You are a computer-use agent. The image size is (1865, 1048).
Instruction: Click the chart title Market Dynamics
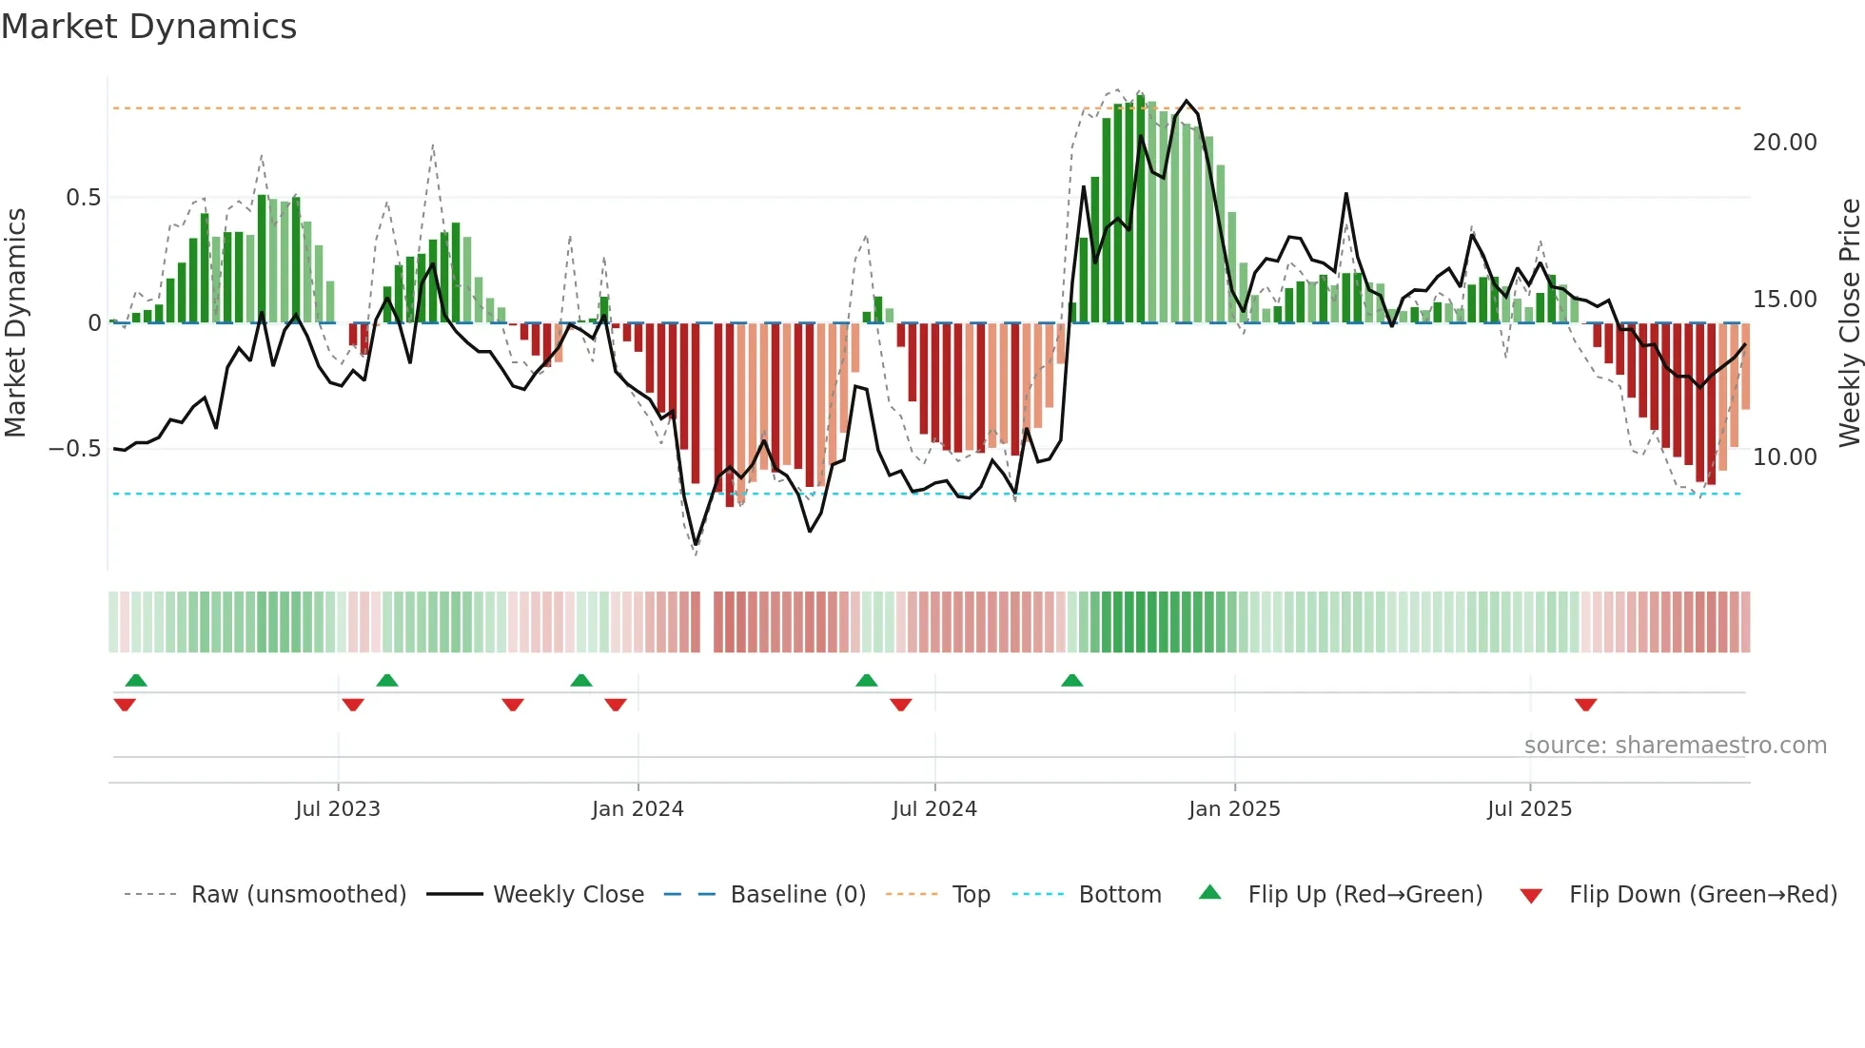(148, 27)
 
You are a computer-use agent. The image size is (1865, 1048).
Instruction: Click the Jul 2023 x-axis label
(337, 809)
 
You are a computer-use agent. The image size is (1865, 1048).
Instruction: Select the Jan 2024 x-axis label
(637, 809)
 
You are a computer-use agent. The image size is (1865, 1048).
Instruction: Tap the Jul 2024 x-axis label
(933, 809)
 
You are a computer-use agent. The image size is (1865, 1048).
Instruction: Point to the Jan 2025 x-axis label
(1233, 809)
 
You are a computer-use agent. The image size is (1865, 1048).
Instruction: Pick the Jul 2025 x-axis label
(1529, 809)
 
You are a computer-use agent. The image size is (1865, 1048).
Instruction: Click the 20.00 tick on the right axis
(1784, 143)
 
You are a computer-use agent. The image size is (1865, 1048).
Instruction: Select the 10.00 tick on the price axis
(1784, 457)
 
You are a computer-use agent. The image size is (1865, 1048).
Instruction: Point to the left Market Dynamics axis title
(15, 323)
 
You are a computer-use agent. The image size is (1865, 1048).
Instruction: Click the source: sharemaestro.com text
(1675, 746)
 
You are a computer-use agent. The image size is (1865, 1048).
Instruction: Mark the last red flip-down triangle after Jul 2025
(1585, 705)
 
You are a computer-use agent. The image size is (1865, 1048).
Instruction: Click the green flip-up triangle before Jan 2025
(1071, 681)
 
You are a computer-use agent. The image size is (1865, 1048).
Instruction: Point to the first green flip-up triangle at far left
(136, 681)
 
